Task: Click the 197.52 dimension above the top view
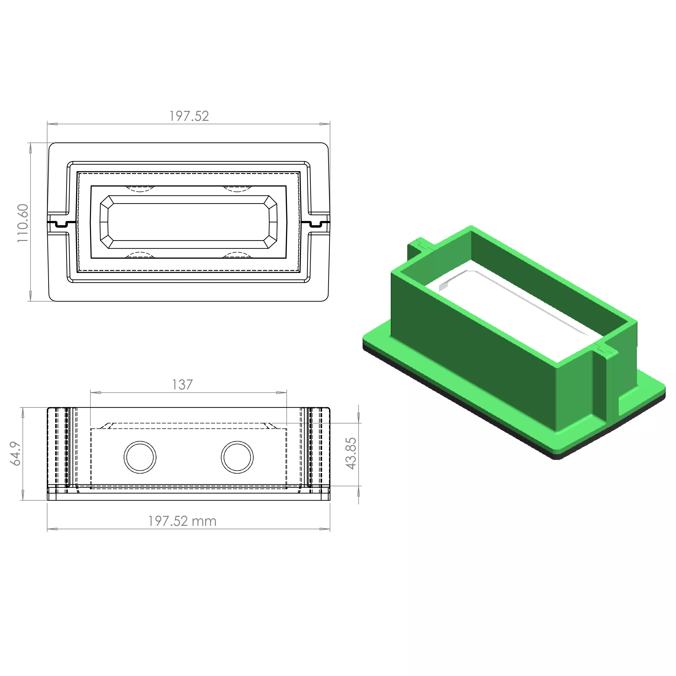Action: [x=189, y=116]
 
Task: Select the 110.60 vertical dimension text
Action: [x=23, y=223]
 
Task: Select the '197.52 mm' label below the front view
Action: [x=182, y=521]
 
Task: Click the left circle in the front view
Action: [x=140, y=457]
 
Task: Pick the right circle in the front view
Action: [x=237, y=457]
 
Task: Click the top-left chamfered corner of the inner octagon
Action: [x=106, y=202]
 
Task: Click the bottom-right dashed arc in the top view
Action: [x=237, y=255]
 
